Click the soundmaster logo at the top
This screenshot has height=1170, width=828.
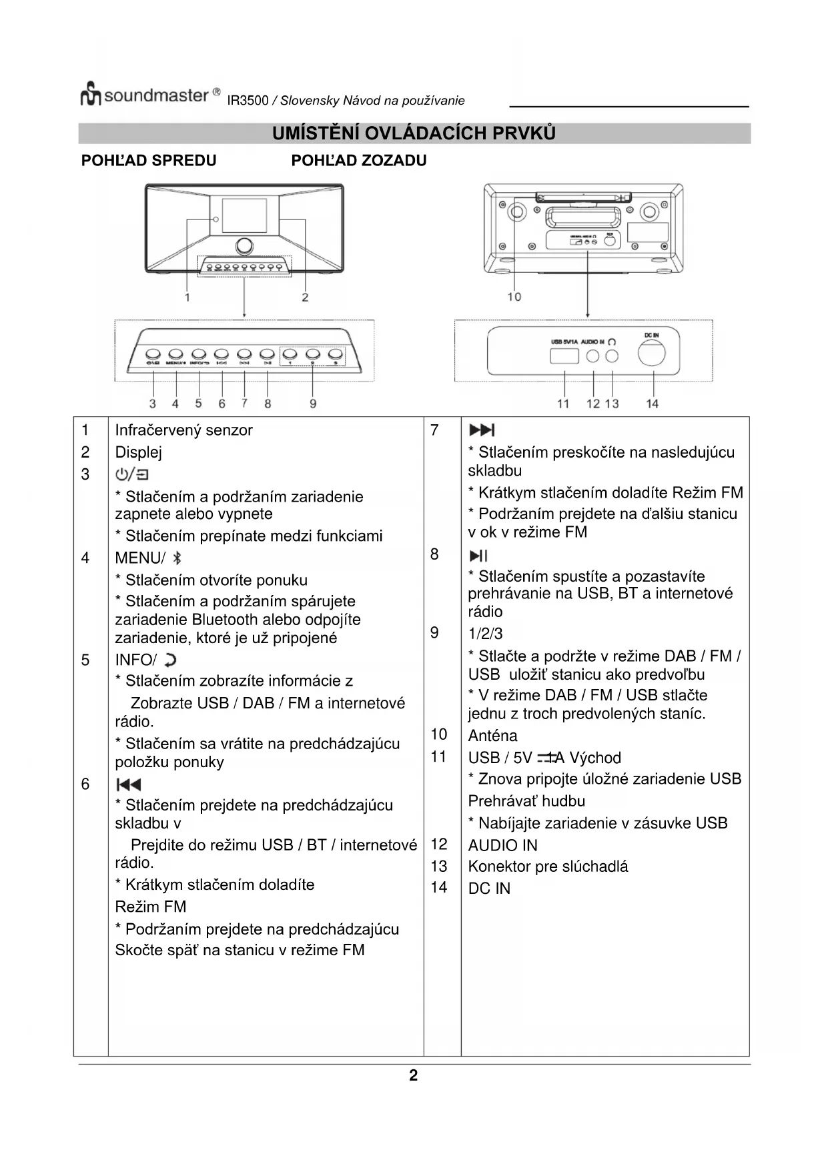150,95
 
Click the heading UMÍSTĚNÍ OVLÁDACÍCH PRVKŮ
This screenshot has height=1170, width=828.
414,133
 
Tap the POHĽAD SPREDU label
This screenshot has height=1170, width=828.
149,161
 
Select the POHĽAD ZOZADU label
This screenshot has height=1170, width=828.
359,161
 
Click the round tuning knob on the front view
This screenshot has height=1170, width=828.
244,245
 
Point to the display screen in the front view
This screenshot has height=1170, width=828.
244,215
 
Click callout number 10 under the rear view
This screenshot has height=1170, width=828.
514,296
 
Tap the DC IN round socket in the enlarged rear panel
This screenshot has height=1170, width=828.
651,354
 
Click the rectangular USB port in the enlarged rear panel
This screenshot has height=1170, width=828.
564,356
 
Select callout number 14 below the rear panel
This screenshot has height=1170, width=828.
653,404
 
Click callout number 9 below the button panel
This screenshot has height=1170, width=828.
313,404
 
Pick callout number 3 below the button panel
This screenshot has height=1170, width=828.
153,404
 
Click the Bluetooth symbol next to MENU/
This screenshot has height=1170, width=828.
177,558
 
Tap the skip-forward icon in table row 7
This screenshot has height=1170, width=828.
482,430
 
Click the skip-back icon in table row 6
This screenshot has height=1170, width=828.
129,784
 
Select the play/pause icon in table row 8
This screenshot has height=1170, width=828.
478,556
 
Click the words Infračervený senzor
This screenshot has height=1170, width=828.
183,430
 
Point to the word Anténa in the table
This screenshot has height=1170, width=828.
492,736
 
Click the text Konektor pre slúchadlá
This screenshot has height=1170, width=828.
548,866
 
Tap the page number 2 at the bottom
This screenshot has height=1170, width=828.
414,1075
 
